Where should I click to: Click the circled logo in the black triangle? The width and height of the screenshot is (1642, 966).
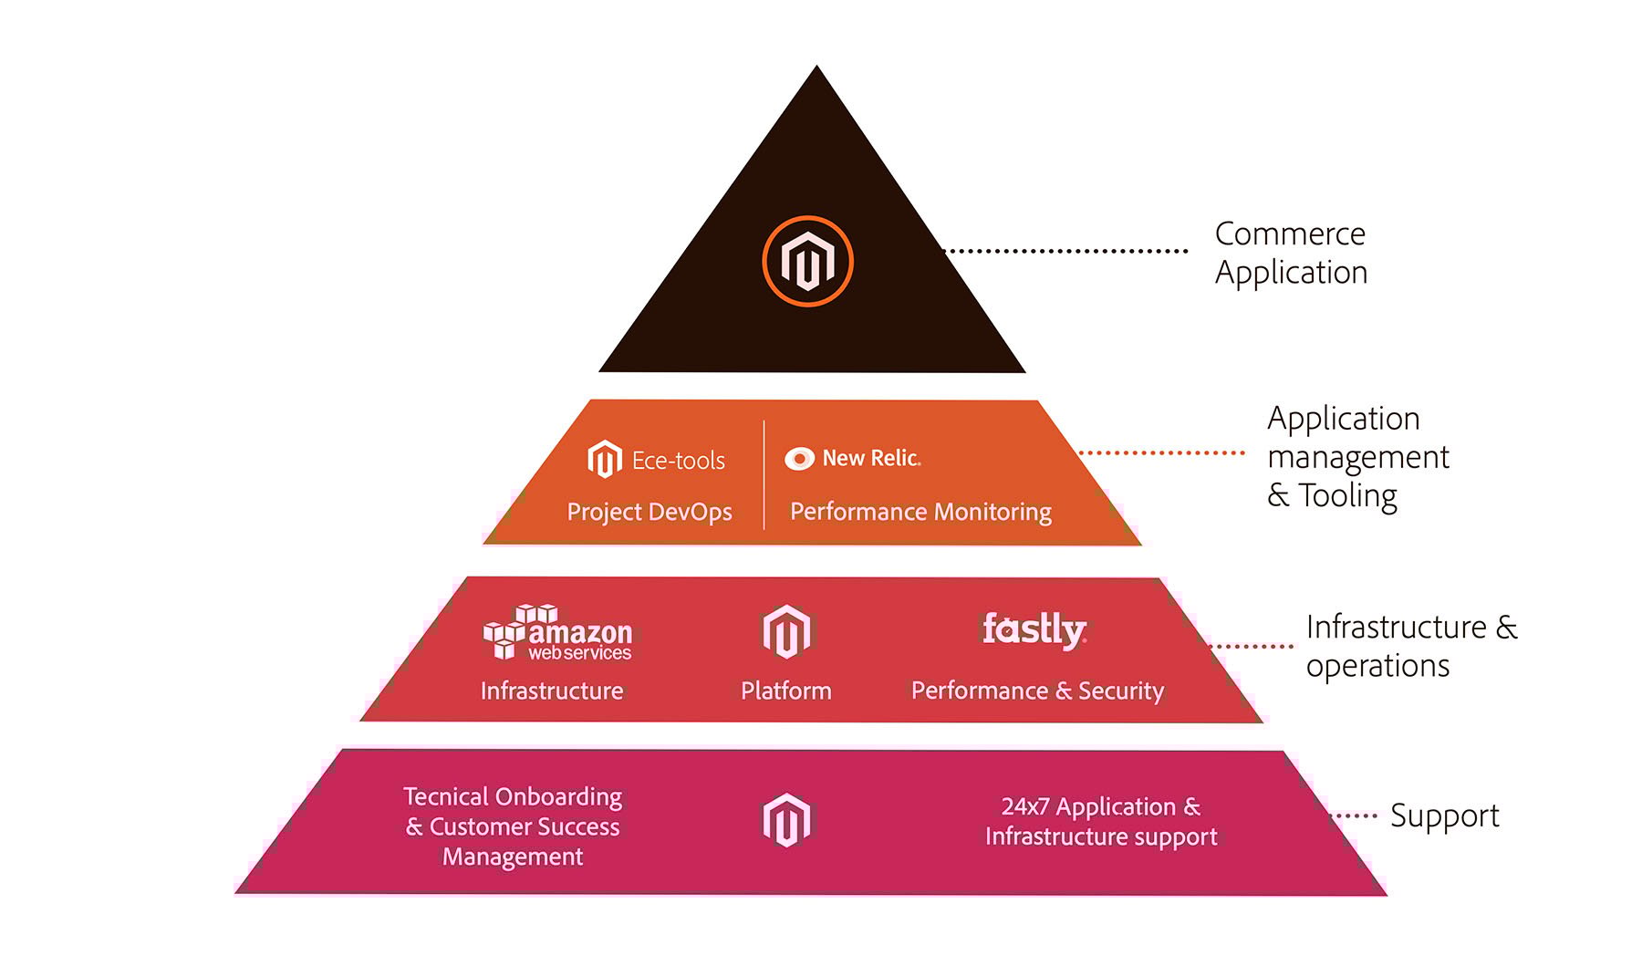(807, 261)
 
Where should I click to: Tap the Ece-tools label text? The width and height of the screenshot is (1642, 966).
(679, 461)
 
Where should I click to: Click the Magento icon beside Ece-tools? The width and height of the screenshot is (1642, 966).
(604, 459)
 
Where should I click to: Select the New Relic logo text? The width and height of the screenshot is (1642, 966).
(871, 458)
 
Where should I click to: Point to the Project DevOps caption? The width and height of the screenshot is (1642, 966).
(650, 512)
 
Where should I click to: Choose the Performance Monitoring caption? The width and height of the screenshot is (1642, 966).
(920, 512)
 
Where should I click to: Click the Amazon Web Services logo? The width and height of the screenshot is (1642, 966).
(557, 632)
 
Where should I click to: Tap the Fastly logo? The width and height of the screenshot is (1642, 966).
(1034, 628)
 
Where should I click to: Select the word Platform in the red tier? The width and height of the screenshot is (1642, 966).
(786, 691)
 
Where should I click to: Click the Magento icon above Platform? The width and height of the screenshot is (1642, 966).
(786, 631)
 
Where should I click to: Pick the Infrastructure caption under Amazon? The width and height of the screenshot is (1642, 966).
(552, 691)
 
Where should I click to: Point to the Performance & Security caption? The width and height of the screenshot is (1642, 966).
(1038, 691)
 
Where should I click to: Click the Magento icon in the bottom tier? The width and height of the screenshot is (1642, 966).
(786, 820)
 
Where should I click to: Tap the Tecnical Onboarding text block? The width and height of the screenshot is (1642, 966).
(514, 826)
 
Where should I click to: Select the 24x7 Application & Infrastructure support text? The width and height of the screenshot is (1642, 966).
(1101, 821)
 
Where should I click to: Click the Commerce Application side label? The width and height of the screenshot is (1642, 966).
(1291, 253)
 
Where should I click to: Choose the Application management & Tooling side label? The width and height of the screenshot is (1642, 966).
(1358, 457)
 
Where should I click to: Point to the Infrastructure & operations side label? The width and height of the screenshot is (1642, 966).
(1412, 646)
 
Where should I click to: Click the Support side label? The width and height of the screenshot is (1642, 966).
(1445, 815)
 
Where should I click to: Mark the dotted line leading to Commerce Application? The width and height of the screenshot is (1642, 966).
(1065, 250)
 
